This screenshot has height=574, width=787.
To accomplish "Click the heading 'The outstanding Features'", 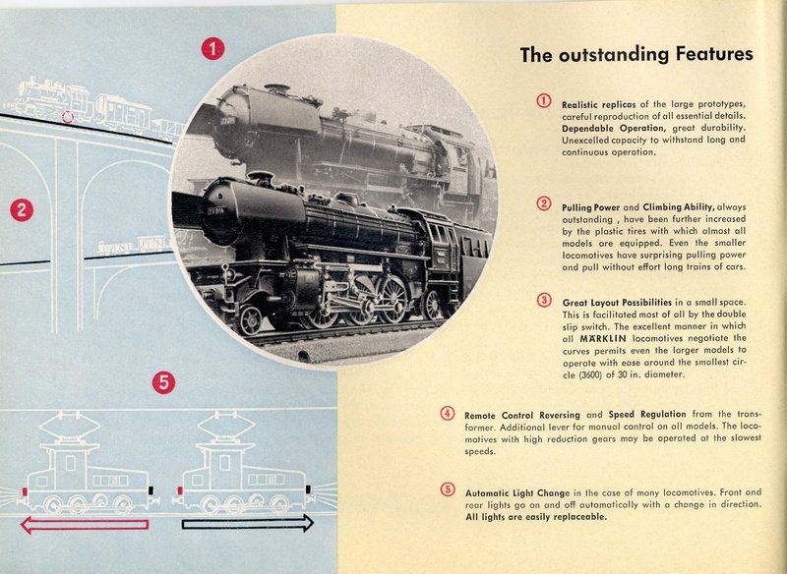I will pos(636,55).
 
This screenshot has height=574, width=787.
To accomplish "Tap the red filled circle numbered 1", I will pos(212,48).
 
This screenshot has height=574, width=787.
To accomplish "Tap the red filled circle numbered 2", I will pos(21,209).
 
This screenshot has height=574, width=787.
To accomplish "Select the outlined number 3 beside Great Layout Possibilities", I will pos(544,299).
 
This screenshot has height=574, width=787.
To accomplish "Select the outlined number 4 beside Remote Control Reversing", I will pos(447,413).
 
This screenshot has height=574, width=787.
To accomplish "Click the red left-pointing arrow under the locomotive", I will pos(85,525).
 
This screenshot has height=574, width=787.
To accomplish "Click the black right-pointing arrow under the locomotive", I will pos(246,524).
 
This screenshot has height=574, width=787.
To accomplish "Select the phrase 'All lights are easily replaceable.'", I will pos(535,517).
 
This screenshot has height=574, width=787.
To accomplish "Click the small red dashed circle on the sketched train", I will pos(67,117).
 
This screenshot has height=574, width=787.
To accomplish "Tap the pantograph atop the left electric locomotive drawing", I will pos(67,430).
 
